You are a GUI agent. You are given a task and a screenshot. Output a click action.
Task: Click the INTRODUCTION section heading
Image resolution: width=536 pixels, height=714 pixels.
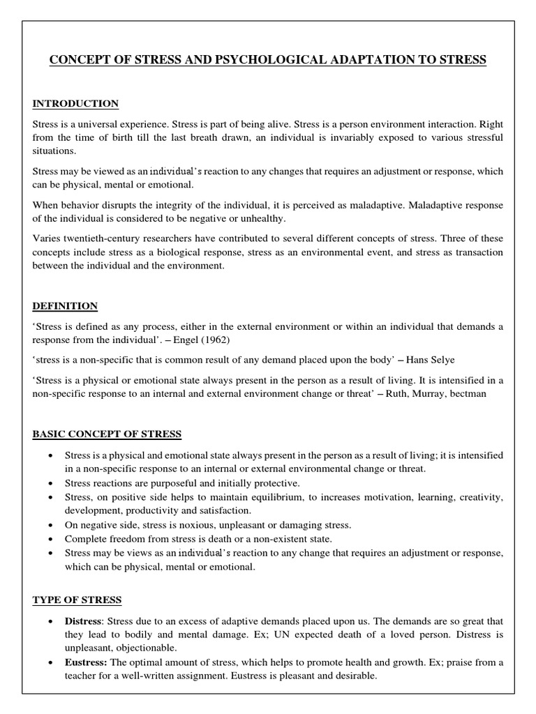pyautogui.click(x=75, y=104)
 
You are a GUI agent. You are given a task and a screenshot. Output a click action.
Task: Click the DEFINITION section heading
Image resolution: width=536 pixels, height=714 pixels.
pyautogui.click(x=65, y=306)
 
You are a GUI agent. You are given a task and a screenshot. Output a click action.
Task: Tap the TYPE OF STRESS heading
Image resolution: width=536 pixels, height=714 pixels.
pyautogui.click(x=77, y=600)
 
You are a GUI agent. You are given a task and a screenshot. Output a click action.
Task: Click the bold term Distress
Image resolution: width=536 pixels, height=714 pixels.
pyautogui.click(x=83, y=621)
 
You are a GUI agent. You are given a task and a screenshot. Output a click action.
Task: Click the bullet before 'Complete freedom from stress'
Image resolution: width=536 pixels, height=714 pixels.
pyautogui.click(x=52, y=539)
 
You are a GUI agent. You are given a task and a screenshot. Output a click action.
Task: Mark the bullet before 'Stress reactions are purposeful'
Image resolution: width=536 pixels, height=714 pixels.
pyautogui.click(x=52, y=483)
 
